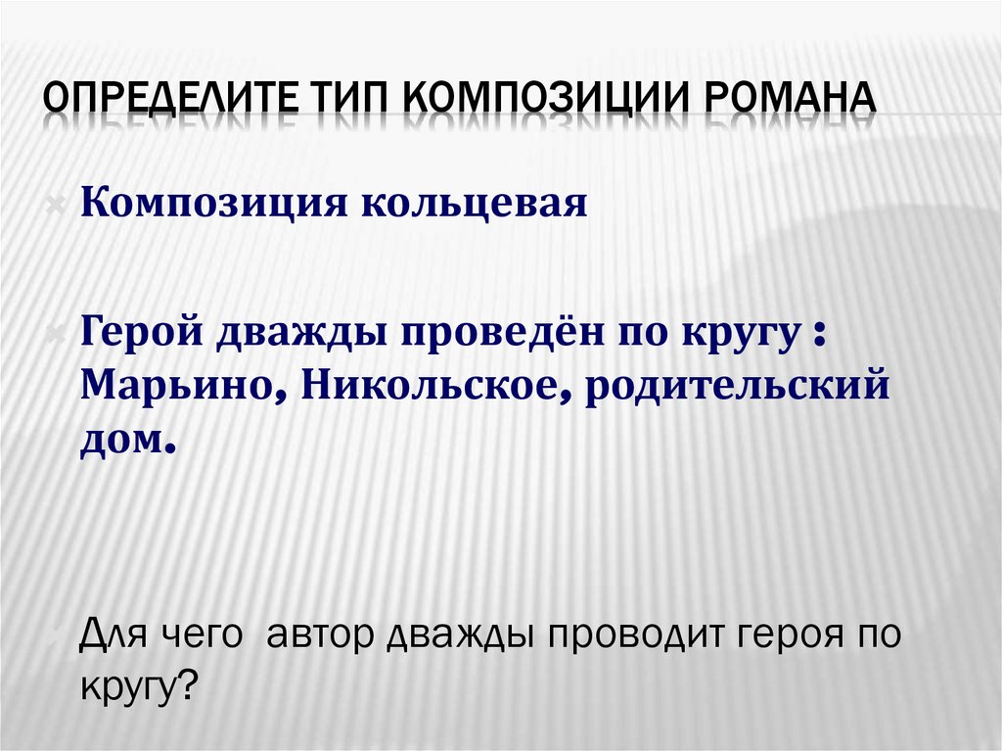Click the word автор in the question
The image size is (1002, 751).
(324, 636)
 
